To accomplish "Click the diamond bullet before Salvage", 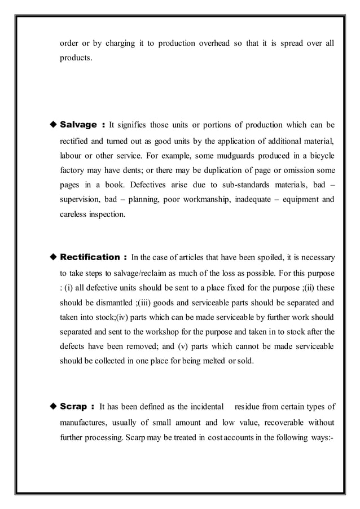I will (x=54, y=124).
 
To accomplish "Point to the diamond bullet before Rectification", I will (x=54, y=257).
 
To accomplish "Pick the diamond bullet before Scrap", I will (x=54, y=406).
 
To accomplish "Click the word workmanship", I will (x=209, y=199).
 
